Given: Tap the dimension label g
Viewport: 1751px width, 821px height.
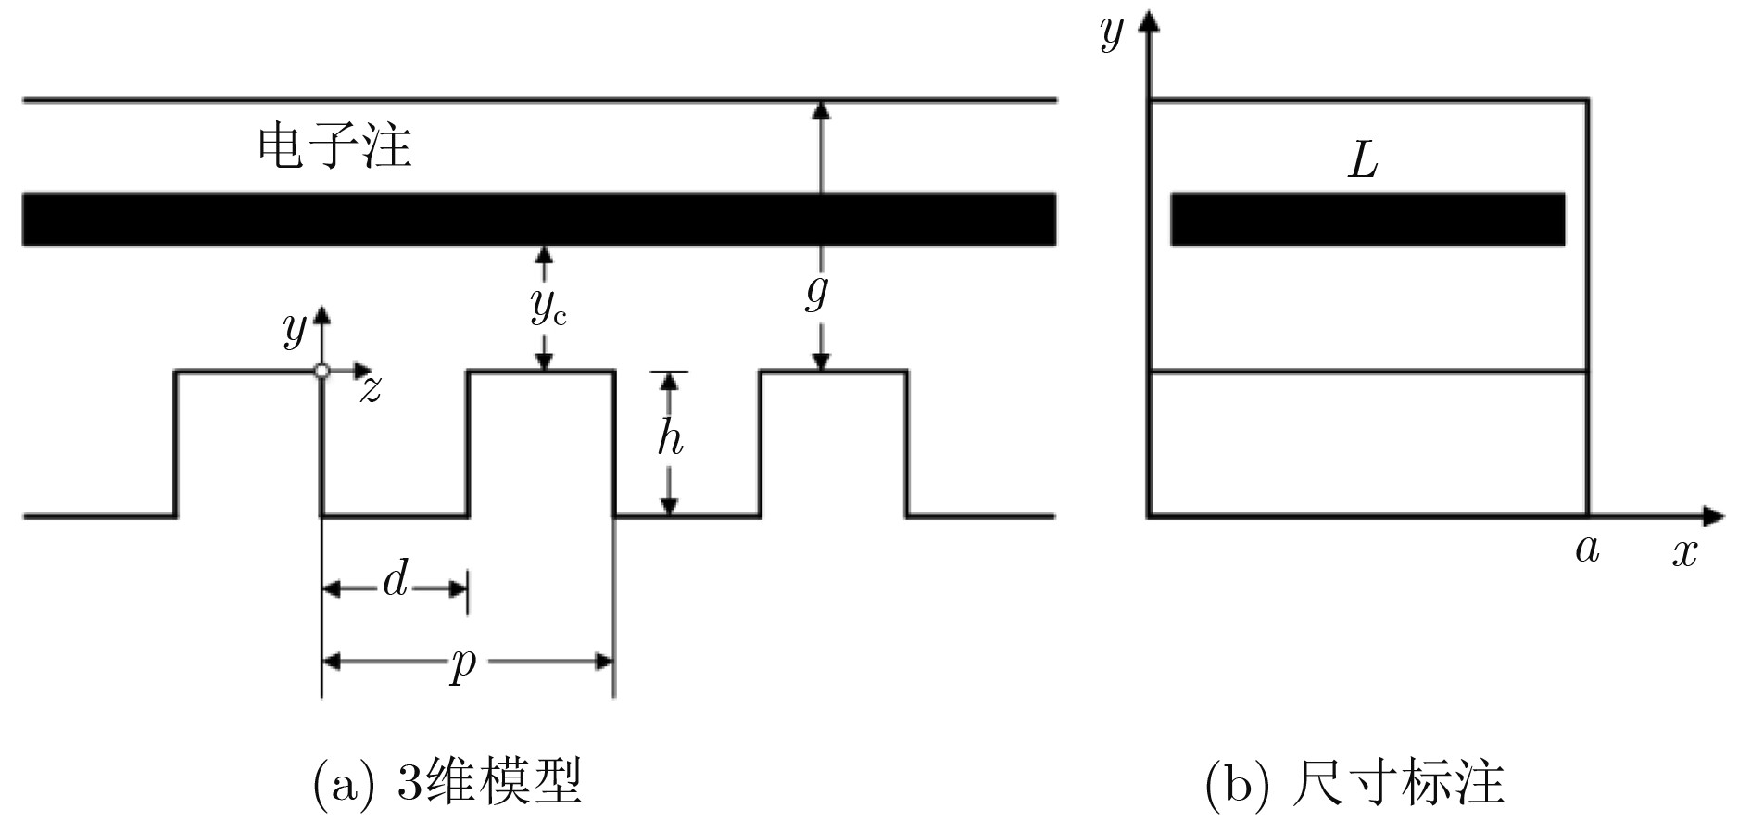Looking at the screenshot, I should point(816,293).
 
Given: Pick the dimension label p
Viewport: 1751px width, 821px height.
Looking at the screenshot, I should point(463,663).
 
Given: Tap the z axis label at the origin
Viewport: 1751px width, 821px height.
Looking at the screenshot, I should point(371,389).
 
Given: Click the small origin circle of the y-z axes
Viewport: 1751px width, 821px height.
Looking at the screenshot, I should point(321,371).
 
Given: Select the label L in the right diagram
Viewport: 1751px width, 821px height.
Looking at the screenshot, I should point(1363,162).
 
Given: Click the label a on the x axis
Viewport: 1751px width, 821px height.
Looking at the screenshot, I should point(1587,549).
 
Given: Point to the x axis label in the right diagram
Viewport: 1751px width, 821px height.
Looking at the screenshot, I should point(1684,552).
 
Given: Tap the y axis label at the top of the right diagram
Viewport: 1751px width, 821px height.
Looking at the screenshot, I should point(1111,33).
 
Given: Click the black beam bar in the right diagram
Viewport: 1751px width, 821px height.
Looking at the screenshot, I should point(1367,220).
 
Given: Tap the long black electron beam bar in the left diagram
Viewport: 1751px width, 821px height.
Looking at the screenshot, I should point(538,220).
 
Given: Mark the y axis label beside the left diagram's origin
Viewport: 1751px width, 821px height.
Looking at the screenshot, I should point(295,328).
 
